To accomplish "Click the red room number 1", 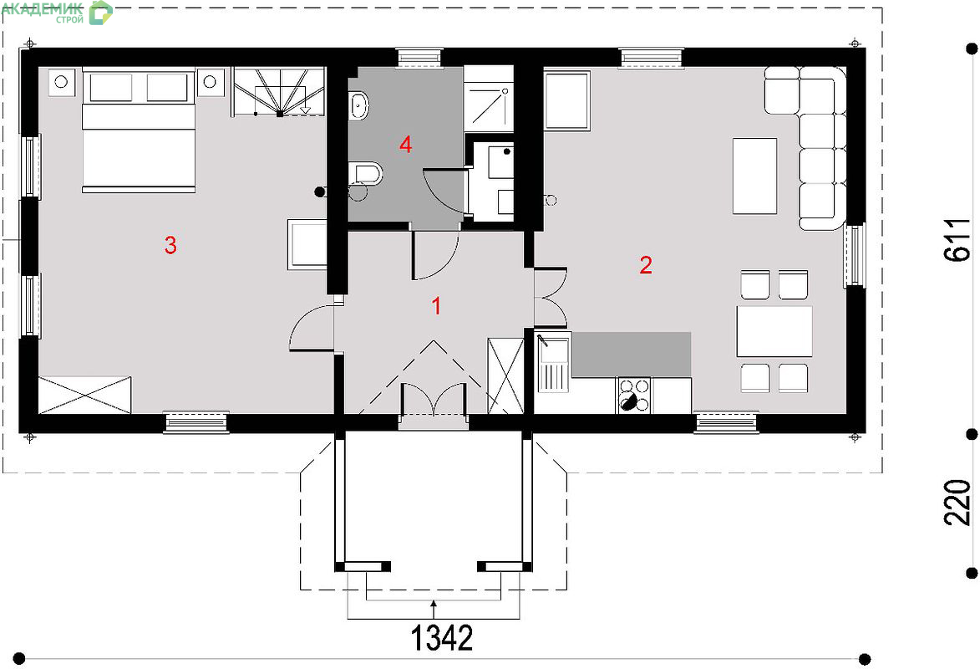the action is (437, 306).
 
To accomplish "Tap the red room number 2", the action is (646, 265).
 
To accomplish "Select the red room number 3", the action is (170, 245).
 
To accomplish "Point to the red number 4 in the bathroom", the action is (406, 146).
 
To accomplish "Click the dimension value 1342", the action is (442, 638).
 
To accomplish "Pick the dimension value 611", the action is (957, 240).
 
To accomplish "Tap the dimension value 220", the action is (957, 503).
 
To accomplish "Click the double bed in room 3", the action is (138, 130).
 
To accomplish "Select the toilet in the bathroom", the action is (365, 173).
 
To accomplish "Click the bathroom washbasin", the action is (358, 105).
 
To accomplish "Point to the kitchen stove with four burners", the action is (634, 395).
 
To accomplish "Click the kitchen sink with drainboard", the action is (552, 365).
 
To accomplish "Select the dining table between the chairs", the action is (774, 331).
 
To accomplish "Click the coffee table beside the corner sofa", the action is (754, 176).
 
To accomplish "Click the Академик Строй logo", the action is (56, 12).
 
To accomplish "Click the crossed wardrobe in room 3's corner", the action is (85, 394).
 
